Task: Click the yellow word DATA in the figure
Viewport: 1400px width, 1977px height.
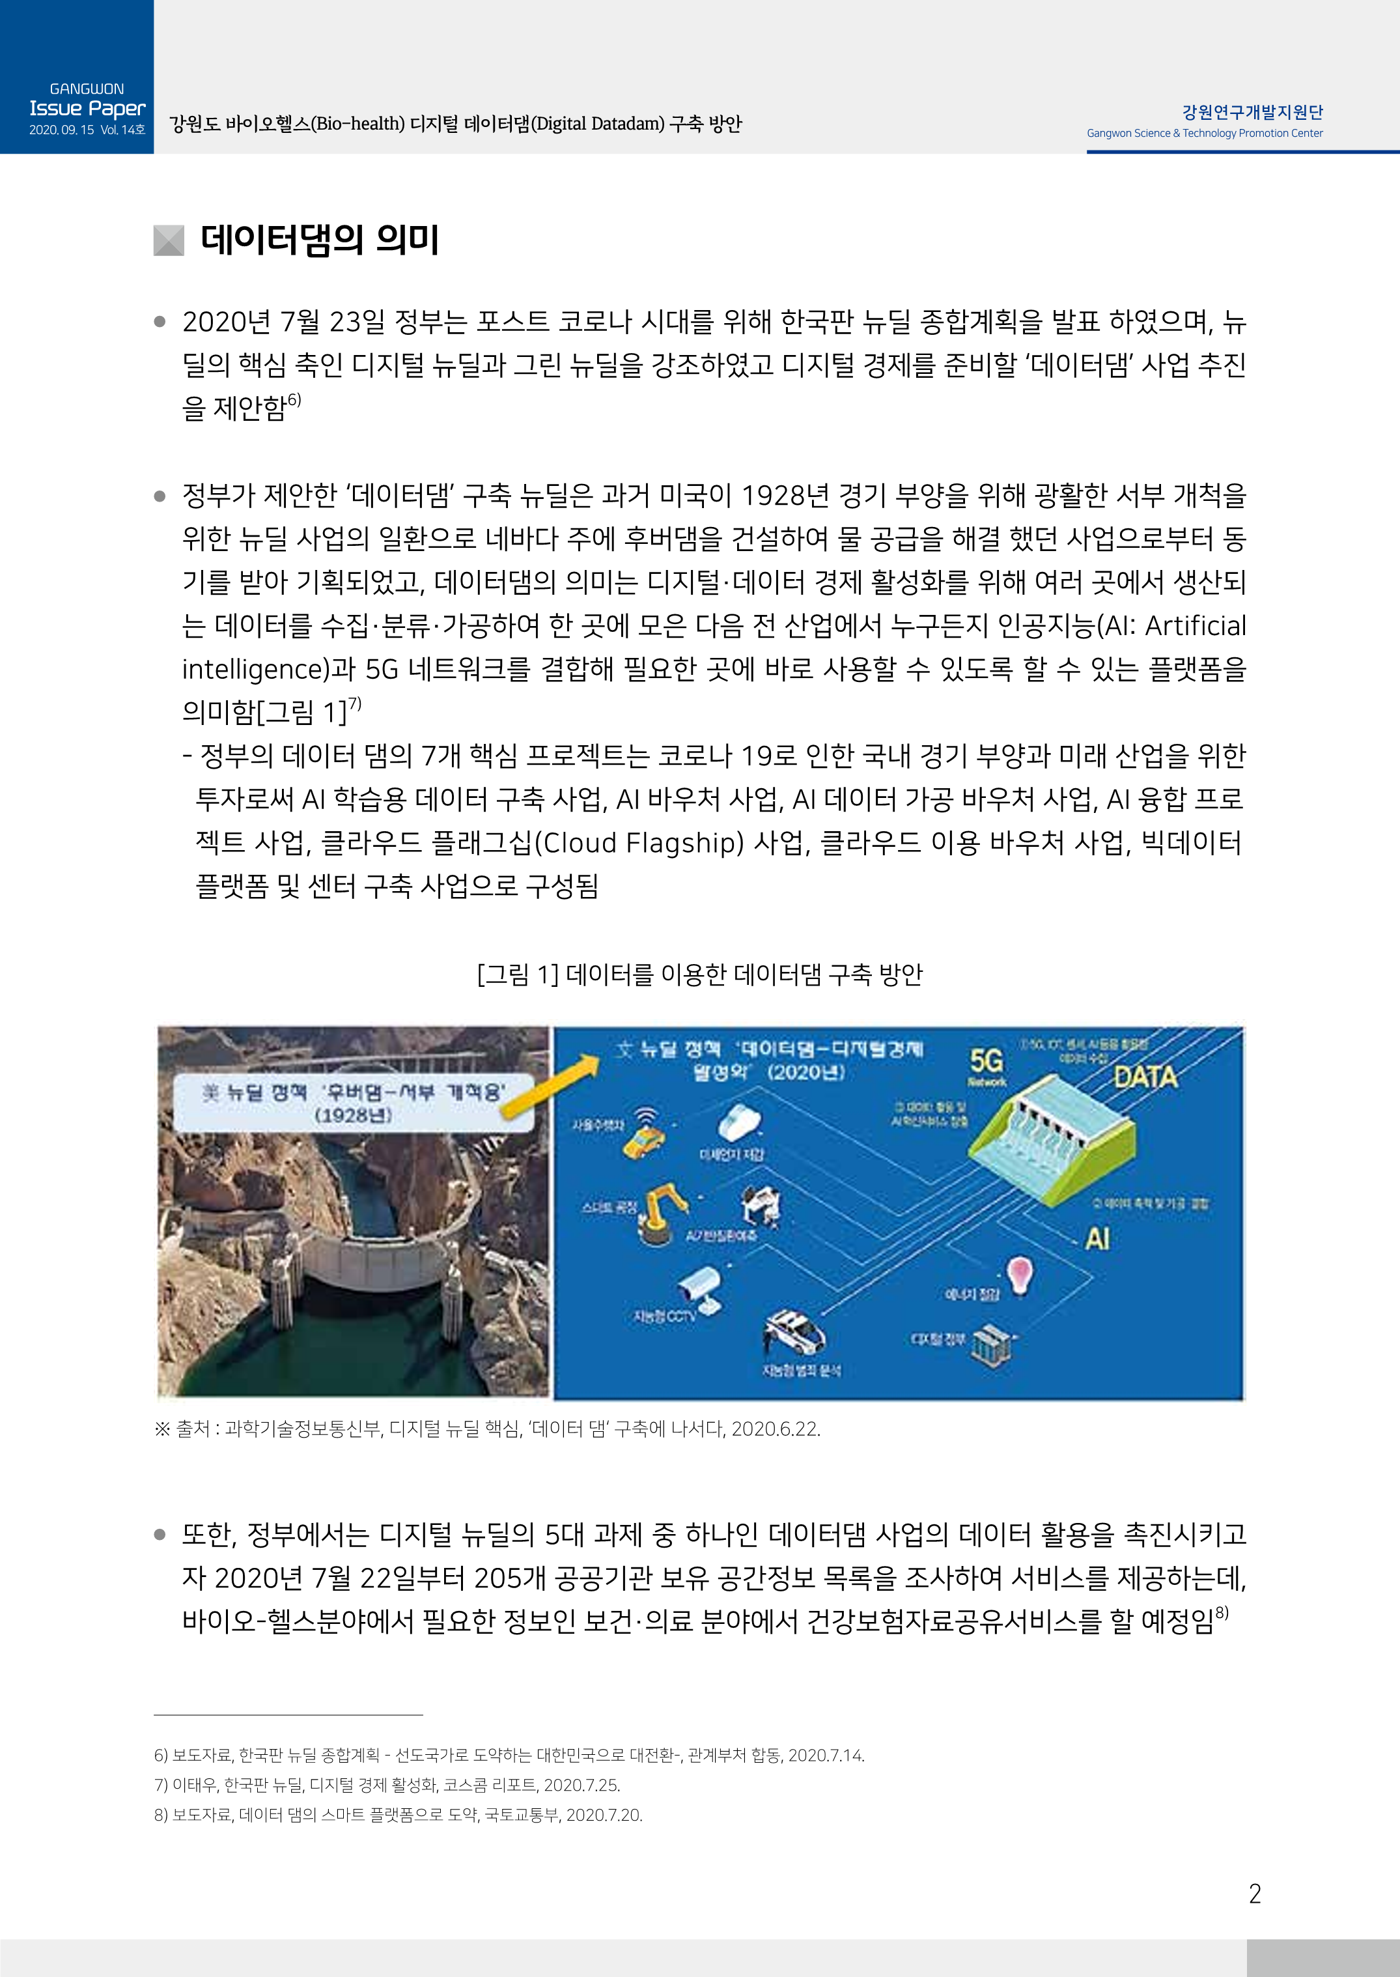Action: (x=1145, y=1077)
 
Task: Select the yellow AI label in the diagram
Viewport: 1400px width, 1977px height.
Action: (x=1097, y=1239)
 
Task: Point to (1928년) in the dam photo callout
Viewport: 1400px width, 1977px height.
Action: (x=354, y=1115)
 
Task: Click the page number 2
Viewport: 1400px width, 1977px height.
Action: (x=1254, y=1894)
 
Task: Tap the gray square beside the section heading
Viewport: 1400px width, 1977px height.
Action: (x=169, y=240)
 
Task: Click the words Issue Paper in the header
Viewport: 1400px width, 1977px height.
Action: (x=87, y=109)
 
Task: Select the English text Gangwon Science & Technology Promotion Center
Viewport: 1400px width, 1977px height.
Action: (x=1204, y=134)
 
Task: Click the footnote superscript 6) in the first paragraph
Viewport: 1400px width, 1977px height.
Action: (x=294, y=400)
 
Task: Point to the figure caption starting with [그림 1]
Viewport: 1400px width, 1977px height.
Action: (x=699, y=974)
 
